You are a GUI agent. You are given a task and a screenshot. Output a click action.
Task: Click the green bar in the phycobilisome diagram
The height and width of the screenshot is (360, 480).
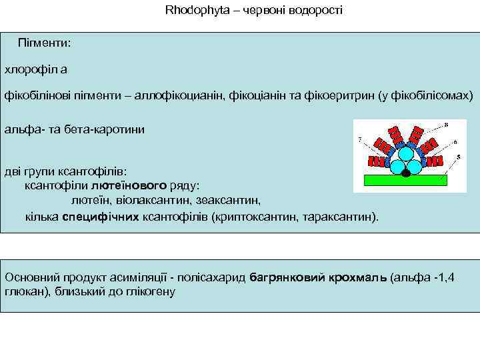tap(405, 180)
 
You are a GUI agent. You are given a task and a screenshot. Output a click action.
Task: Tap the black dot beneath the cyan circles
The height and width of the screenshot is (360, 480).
tap(405, 173)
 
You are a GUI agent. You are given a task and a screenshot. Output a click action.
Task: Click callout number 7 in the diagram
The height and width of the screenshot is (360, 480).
tap(360, 139)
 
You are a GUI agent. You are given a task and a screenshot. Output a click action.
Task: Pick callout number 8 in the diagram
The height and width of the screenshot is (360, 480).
tap(446, 125)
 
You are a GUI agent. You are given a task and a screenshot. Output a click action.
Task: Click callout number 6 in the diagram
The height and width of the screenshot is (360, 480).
tap(455, 142)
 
